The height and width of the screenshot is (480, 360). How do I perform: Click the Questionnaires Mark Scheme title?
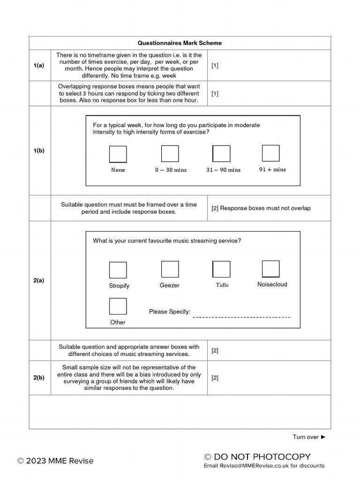pos(180,43)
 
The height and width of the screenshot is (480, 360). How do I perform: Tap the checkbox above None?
pos(118,154)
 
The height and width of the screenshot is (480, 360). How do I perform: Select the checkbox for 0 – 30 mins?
pos(170,154)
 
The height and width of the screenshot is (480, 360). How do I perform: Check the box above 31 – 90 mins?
pos(222,154)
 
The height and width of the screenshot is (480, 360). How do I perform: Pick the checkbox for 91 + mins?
pos(270,153)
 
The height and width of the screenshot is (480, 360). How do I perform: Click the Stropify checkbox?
pos(118,270)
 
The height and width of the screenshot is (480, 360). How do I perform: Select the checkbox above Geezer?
pos(170,270)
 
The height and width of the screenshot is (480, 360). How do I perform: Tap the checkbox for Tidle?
pos(222,270)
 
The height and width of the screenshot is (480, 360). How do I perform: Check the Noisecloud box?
pos(270,269)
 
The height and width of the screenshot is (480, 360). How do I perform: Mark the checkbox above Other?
pos(118,306)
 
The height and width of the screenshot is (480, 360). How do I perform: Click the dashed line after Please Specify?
pos(241,317)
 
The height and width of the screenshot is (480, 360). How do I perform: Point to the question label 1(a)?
pos(39,66)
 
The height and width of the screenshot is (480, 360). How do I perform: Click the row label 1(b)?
pos(39,150)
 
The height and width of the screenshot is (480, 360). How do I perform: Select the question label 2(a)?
pos(39,280)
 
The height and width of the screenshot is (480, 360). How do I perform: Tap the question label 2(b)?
pos(39,378)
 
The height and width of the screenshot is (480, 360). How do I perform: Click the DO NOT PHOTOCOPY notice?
pos(257,457)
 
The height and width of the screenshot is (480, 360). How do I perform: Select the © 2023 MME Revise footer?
pos(55,461)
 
